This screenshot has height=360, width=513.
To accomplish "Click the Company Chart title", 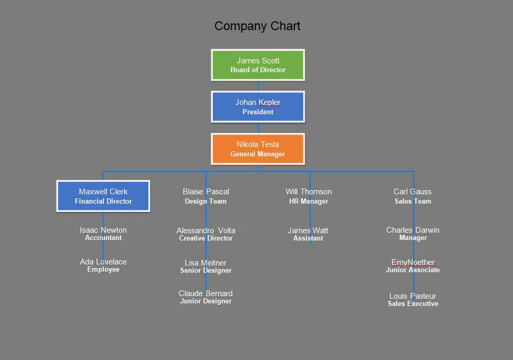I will (x=257, y=26).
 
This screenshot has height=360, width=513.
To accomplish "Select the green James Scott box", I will (x=258, y=65).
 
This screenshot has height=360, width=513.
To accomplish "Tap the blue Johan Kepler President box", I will (x=258, y=107).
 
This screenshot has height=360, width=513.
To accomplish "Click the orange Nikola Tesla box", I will (x=258, y=149).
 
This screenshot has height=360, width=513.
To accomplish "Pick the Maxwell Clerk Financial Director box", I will (x=103, y=196).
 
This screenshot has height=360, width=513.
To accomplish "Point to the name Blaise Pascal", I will (x=206, y=192).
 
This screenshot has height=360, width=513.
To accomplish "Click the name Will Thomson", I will (x=308, y=192).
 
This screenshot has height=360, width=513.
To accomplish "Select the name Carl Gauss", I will (x=412, y=192).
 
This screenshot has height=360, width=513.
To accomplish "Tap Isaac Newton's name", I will (x=103, y=230).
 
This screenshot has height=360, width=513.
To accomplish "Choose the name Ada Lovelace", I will (x=103, y=262).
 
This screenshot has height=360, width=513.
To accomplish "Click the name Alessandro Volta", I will (x=206, y=231).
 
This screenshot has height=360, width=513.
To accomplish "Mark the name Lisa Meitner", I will (x=206, y=263).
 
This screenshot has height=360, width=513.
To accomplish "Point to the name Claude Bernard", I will (x=206, y=294).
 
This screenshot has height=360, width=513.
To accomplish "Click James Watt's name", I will (x=308, y=231).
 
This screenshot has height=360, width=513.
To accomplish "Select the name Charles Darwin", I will (x=413, y=230).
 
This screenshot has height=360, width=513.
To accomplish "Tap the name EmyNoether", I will (x=413, y=262).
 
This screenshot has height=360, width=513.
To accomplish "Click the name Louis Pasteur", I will (x=413, y=296).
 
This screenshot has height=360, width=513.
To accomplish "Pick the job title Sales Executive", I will (x=413, y=304).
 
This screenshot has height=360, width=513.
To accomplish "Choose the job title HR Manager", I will (x=308, y=202).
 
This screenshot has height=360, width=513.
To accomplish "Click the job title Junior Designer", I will (x=206, y=301).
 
